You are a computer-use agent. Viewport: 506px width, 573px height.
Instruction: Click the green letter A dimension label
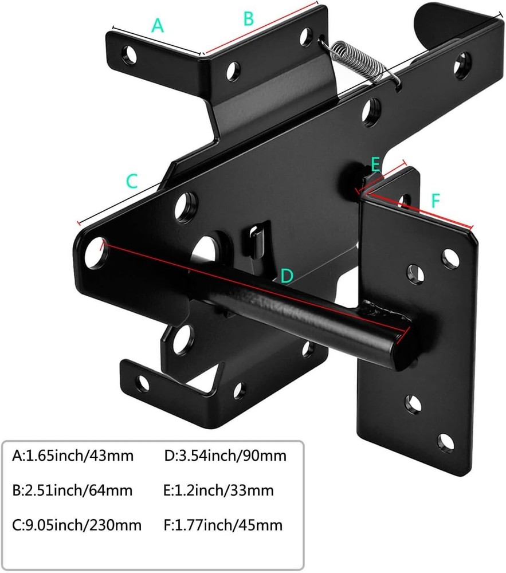pyautogui.click(x=158, y=26)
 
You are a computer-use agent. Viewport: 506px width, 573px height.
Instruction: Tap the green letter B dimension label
pyautogui.click(x=248, y=18)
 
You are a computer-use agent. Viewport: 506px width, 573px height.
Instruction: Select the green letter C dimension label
pyautogui.click(x=132, y=181)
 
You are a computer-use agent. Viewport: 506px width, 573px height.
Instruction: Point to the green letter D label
pyautogui.click(x=287, y=276)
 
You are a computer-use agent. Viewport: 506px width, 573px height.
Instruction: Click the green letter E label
pyautogui.click(x=375, y=165)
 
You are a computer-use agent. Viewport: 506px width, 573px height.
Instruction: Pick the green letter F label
pyautogui.click(x=436, y=201)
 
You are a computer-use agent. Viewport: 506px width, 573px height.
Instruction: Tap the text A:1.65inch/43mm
pyautogui.click(x=73, y=456)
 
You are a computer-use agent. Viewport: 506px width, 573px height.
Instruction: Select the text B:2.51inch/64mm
pyautogui.click(x=72, y=490)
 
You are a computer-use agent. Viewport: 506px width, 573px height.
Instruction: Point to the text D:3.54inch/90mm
pyautogui.click(x=225, y=456)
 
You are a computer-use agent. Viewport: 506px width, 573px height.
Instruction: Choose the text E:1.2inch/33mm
pyautogui.click(x=218, y=490)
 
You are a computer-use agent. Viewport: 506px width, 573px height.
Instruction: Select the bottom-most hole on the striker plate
pyautogui.click(x=445, y=441)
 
